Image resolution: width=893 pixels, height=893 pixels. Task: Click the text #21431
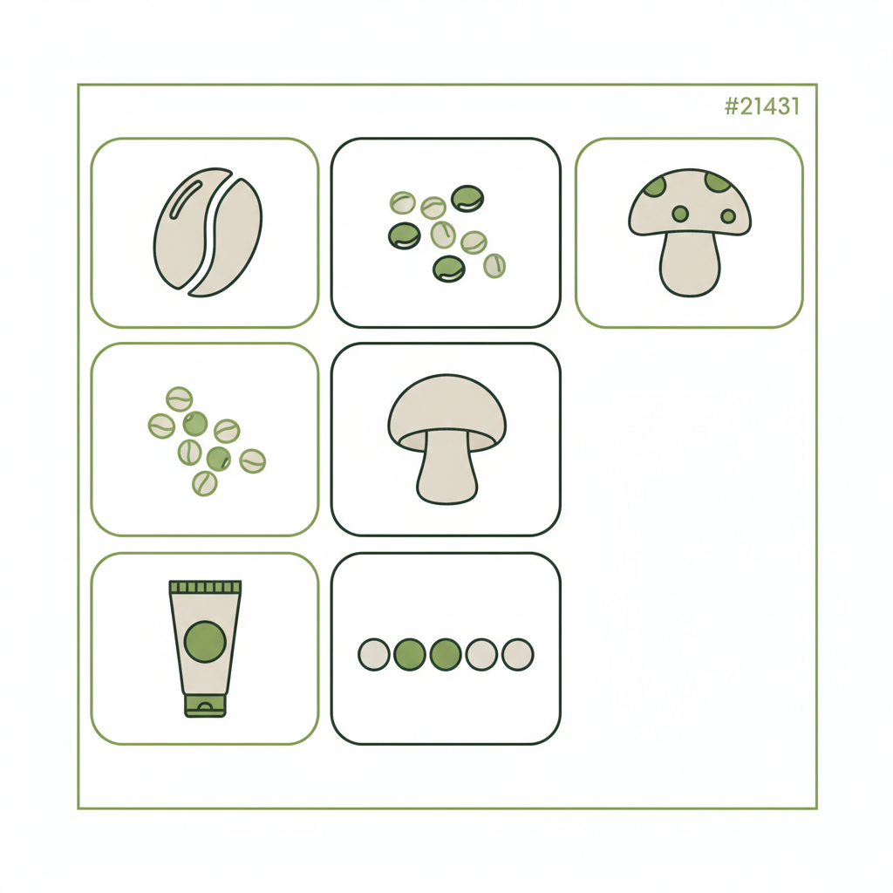click(761, 107)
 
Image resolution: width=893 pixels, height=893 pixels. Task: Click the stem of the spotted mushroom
click(690, 265)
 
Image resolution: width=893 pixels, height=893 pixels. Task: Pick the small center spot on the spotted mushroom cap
click(680, 214)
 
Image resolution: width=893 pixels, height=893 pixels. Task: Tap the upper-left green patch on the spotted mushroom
click(653, 185)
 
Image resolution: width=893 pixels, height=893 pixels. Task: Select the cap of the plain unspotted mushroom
click(446, 406)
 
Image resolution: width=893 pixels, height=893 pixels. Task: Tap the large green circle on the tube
click(205, 641)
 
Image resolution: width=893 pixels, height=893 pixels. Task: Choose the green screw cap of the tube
click(205, 705)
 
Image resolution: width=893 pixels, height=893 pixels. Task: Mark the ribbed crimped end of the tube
click(205, 588)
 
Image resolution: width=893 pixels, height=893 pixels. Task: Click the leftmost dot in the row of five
click(374, 654)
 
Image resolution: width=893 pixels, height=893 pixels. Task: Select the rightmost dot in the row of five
click(517, 654)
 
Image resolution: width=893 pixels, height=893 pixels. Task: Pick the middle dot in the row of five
click(446, 654)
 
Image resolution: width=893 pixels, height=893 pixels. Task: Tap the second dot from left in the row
click(410, 654)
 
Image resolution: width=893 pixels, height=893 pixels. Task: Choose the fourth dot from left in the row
click(481, 654)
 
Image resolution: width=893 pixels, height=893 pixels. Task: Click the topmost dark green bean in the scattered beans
click(467, 198)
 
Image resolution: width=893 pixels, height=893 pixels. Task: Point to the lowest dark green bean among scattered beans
click(448, 269)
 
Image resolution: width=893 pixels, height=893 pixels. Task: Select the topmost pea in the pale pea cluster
click(179, 399)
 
